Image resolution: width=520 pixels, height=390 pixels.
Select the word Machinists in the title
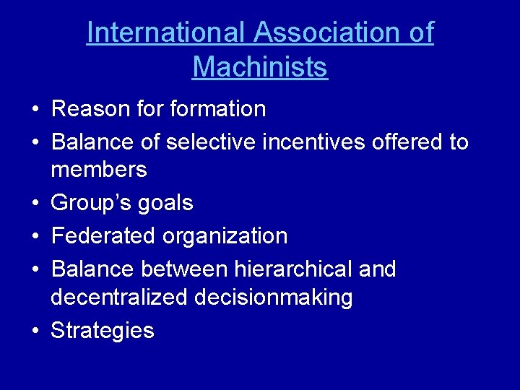tap(260, 67)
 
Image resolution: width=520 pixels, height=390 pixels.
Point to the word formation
tap(217, 109)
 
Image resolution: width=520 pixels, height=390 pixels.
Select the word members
tap(99, 170)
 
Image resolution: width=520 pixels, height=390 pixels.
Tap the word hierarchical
tap(292, 269)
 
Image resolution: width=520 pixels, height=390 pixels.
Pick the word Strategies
tap(103, 331)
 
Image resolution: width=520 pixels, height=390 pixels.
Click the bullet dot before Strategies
tap(35, 331)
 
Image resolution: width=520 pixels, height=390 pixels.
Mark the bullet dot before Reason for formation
tap(35, 110)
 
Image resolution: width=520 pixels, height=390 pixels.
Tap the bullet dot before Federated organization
tap(35, 236)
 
